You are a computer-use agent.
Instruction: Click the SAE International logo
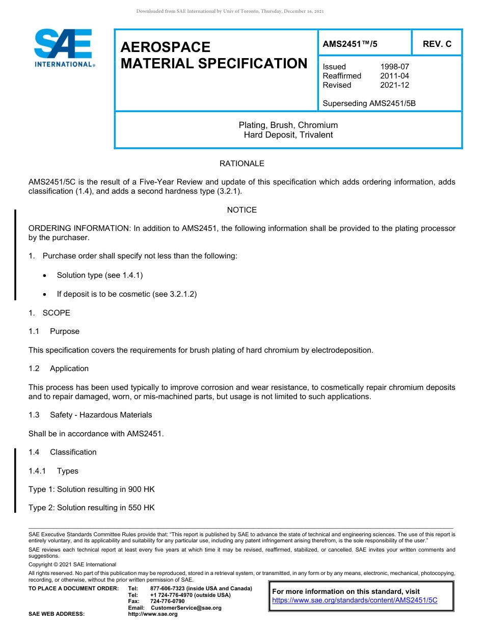[64, 48]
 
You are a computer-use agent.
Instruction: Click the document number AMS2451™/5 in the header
[350, 44]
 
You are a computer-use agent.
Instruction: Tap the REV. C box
[437, 44]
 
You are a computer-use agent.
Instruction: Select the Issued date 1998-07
[394, 67]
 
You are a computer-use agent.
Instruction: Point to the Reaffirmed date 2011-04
[394, 76]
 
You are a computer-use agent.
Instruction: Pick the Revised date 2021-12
[394, 85]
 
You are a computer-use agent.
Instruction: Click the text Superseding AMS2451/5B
[369, 103]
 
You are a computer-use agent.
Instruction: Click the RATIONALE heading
[241, 164]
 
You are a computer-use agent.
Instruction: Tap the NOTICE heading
[241, 210]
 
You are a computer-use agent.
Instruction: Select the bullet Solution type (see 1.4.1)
[99, 275]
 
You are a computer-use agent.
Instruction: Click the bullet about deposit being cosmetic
[126, 294]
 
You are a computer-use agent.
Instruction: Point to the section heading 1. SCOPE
[49, 313]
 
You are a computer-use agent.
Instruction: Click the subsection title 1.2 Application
[59, 369]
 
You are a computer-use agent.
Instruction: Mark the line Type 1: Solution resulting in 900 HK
[92, 489]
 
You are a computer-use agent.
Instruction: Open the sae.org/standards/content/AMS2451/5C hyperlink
[355, 600]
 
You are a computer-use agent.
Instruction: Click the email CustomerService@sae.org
[186, 608]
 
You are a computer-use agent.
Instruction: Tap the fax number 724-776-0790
[167, 601]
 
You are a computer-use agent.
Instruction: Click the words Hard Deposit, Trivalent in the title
[288, 135]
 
